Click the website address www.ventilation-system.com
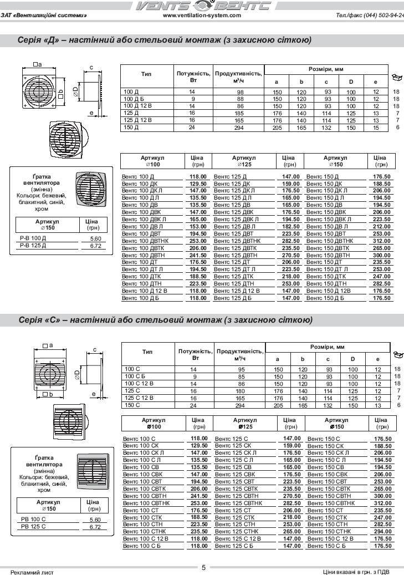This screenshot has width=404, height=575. (201, 16)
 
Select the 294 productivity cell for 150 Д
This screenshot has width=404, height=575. (240, 128)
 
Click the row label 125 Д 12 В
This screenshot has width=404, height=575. (137, 120)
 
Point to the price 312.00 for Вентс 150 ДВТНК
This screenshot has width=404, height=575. (381, 241)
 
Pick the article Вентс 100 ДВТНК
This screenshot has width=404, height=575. (145, 241)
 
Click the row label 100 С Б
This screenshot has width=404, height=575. (135, 376)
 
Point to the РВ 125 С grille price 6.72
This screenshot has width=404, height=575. (95, 527)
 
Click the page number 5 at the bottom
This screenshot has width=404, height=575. (203, 567)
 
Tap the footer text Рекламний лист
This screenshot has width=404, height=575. (33, 572)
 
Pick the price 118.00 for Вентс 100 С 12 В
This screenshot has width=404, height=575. (198, 538)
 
